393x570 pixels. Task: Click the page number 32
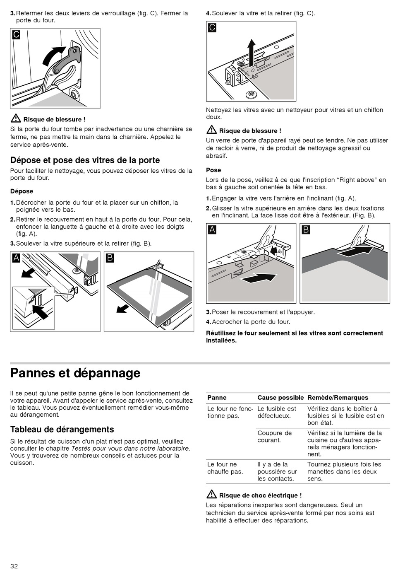14,566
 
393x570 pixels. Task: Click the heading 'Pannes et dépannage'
75,373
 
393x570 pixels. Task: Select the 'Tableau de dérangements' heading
62,429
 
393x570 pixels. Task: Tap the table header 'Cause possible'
280,398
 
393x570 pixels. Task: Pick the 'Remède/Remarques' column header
338,398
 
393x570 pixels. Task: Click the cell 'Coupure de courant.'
274,437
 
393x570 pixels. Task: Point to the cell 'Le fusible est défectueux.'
276,412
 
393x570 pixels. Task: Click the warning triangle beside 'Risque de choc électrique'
211,494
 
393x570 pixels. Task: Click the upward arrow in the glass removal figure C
251,52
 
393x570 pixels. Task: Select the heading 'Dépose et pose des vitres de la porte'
85,160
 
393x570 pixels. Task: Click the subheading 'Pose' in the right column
213,170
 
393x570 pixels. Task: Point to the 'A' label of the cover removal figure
16,258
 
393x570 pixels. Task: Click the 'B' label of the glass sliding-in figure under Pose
306,229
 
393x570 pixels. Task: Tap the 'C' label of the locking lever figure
16,34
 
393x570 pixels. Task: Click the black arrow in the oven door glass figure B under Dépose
123,308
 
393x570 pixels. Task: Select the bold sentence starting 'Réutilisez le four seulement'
295,337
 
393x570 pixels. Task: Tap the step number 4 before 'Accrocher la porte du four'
208,322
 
